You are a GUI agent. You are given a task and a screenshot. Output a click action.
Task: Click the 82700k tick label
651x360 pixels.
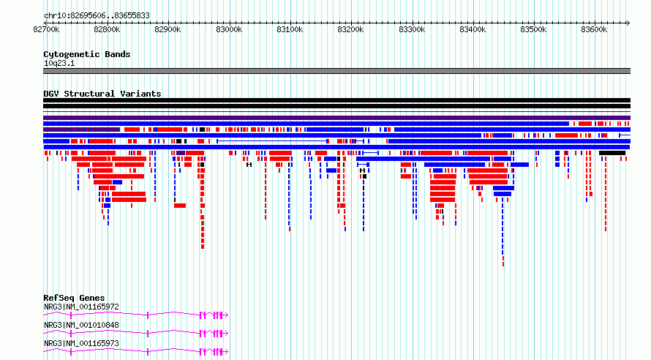pyautogui.click(x=46, y=29)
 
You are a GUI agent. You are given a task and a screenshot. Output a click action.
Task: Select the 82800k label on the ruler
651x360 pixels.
pyautogui.click(x=107, y=29)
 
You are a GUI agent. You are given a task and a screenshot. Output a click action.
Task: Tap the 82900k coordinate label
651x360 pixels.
pyautogui.click(x=168, y=29)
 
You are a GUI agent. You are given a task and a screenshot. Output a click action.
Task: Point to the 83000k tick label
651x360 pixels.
pyautogui.click(x=229, y=29)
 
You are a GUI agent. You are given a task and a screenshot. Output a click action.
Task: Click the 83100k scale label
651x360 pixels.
pyautogui.click(x=290, y=29)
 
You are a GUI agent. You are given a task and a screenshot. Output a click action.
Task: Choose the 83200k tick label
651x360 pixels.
pyautogui.click(x=350, y=29)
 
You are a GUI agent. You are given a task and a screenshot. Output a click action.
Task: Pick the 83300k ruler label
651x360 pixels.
pyautogui.click(x=411, y=29)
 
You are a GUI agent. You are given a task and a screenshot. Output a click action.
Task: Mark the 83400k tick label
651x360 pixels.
pyautogui.click(x=473, y=29)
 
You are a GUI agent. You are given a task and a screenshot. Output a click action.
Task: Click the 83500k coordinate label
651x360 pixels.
pyautogui.click(x=533, y=29)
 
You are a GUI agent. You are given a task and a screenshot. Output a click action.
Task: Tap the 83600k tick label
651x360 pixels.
pyautogui.click(x=594, y=29)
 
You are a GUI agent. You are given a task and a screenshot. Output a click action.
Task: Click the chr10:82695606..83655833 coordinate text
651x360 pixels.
pyautogui.click(x=97, y=16)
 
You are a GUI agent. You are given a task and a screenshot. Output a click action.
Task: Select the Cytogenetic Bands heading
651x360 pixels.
pyautogui.click(x=87, y=54)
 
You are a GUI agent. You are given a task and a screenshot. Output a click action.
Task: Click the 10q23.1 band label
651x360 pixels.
pyautogui.click(x=59, y=63)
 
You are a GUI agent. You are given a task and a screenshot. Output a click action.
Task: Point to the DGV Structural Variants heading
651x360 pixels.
pyautogui.click(x=102, y=94)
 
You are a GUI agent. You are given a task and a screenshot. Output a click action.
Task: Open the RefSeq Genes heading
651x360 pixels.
pyautogui.click(x=74, y=298)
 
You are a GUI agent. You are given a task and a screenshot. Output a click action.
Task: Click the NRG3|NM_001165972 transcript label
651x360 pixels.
pyautogui.click(x=81, y=307)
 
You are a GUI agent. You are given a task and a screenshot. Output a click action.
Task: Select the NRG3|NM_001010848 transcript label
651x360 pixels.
pyautogui.click(x=81, y=325)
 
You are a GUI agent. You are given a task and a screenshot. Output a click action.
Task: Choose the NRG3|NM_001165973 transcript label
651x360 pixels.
pyautogui.click(x=81, y=343)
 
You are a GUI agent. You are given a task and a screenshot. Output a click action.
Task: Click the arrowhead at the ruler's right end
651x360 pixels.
pyautogui.click(x=628, y=23)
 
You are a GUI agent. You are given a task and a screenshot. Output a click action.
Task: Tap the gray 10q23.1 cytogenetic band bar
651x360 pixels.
pyautogui.click(x=336, y=71)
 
